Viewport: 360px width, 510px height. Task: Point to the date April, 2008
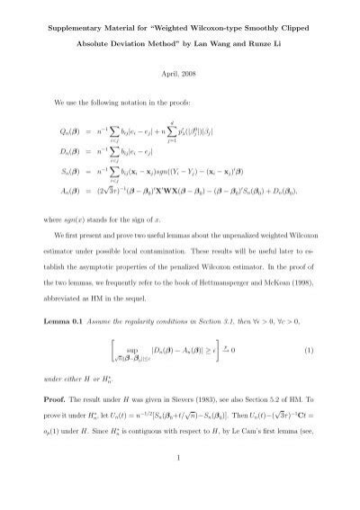tap(179, 79)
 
